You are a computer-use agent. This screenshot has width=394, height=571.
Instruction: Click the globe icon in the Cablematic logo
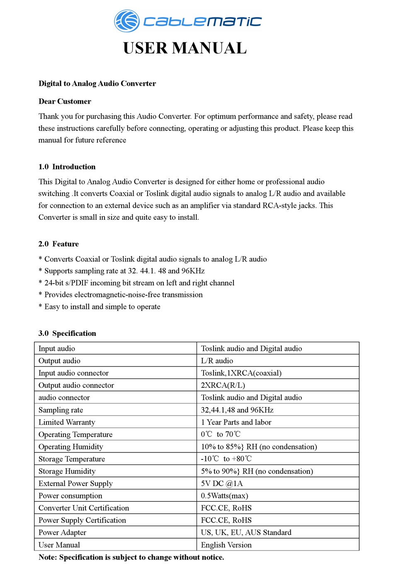[127, 21]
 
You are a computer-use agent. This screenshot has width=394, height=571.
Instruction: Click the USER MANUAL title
[185, 49]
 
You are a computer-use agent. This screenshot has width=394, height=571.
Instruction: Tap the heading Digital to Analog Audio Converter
[97, 83]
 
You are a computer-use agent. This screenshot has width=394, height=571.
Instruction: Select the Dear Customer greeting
[65, 102]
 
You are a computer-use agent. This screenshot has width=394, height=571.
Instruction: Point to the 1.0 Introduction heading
[67, 167]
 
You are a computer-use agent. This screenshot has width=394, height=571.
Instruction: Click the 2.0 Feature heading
[58, 244]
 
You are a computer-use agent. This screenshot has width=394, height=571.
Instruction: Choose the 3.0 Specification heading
[67, 333]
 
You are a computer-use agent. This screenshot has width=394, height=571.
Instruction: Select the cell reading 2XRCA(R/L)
[223, 385]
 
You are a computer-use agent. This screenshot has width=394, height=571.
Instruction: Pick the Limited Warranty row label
[67, 422]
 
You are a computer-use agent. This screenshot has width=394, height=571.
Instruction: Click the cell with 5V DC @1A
[222, 484]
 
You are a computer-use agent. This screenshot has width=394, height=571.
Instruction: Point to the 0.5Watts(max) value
[224, 496]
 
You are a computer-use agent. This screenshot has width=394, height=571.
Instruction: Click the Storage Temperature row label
[72, 459]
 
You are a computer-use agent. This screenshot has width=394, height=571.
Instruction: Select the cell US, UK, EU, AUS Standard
[246, 532]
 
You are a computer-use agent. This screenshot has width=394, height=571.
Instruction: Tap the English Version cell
[226, 545]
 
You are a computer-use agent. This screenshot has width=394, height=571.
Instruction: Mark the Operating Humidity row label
[71, 447]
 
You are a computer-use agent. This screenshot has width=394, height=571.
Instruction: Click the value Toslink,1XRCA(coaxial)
[241, 373]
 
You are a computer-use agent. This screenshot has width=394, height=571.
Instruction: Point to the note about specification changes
[131, 557]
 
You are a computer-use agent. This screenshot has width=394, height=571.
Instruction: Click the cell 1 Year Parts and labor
[236, 422]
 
